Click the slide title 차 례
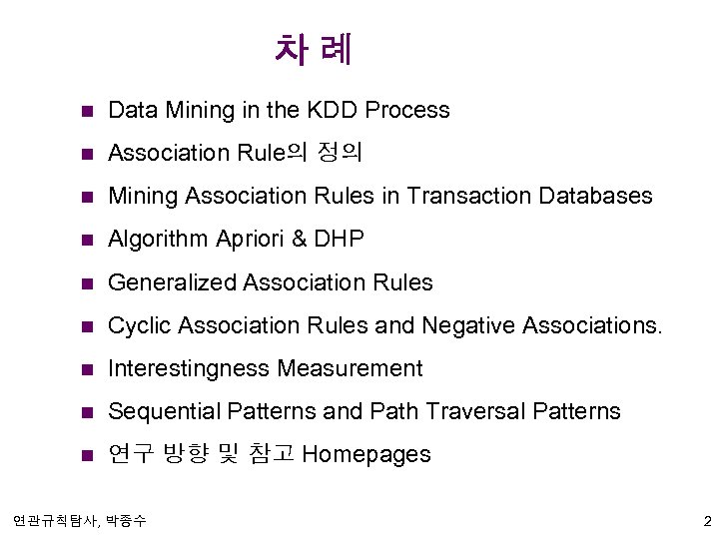tap(313, 49)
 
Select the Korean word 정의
tap(340, 153)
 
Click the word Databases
tap(595, 196)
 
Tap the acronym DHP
tap(340, 239)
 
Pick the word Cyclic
tap(139, 325)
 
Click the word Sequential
tap(165, 411)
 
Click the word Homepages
tap(365, 455)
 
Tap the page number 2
tap(706, 521)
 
